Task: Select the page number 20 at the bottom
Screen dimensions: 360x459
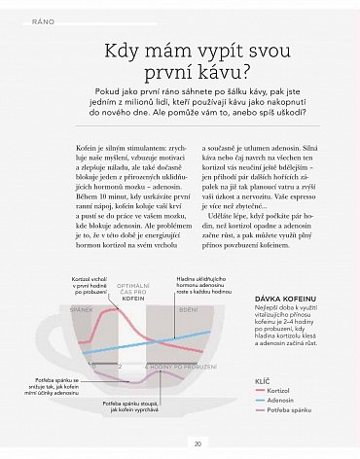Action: pyautogui.click(x=198, y=444)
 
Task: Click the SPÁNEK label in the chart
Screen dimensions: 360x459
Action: pyautogui.click(x=82, y=308)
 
